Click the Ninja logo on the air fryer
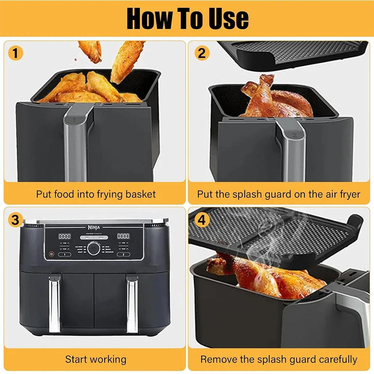[x=93, y=227]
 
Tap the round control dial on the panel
[x=93, y=249]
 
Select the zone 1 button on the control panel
[x=65, y=254]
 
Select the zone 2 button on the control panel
[x=123, y=254]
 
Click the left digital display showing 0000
[x=64, y=236]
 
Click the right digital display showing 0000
[x=123, y=236]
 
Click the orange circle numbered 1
[x=15, y=53]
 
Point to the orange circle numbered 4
[x=202, y=220]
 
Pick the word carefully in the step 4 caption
[x=338, y=359]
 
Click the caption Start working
[x=96, y=359]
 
